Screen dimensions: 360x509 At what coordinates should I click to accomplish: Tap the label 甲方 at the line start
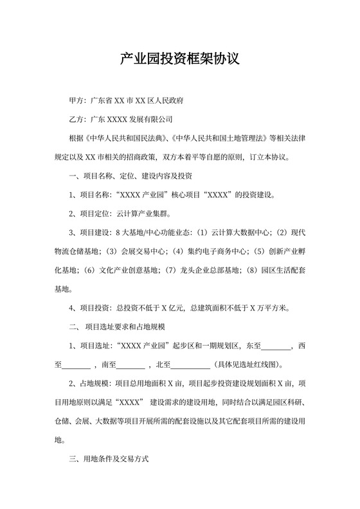pos(76,101)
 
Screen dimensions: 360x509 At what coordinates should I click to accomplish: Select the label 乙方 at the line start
pos(76,120)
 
